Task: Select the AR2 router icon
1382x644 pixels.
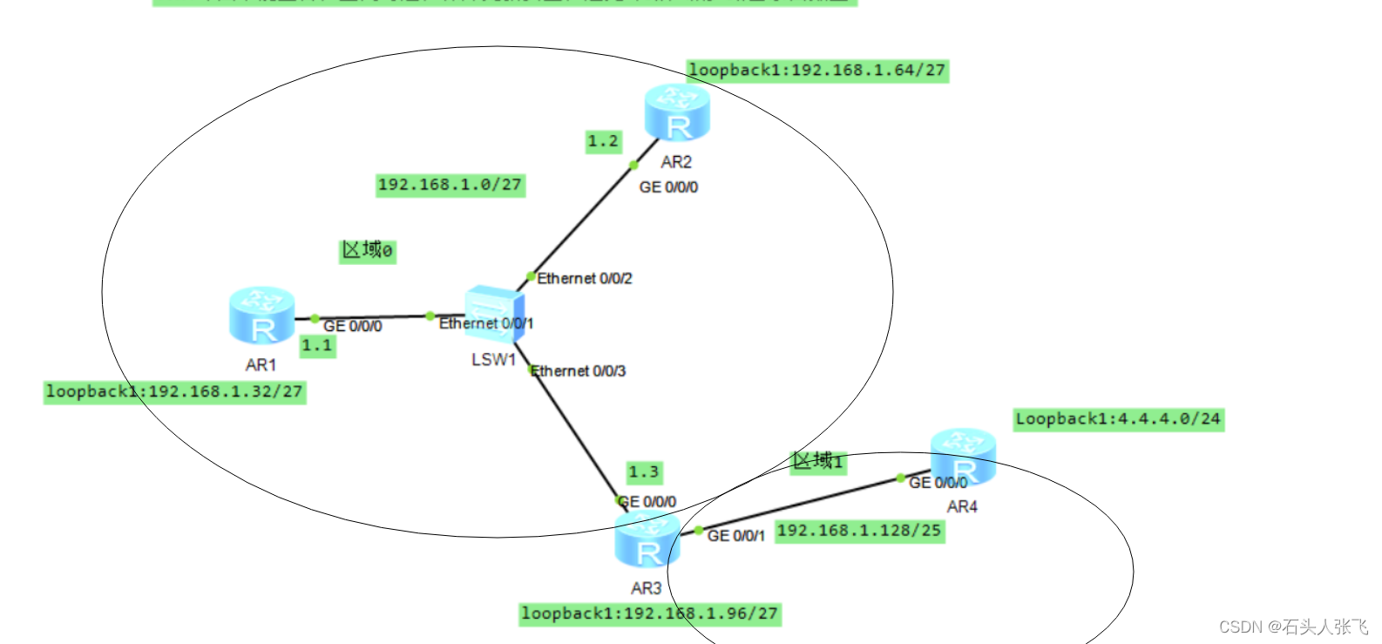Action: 677,113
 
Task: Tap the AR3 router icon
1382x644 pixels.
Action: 647,540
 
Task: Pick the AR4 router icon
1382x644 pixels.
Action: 963,456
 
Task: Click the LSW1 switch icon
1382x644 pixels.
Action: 493,313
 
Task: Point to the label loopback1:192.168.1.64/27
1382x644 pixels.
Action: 816,71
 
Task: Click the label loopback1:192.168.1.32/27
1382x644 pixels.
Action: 174,392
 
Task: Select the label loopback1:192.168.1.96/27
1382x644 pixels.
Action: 649,613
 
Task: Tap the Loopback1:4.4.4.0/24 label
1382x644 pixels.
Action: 1118,419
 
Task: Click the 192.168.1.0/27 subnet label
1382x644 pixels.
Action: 450,185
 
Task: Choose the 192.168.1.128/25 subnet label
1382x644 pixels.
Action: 859,531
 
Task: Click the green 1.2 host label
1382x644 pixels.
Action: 603,141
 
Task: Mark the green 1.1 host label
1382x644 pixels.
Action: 317,346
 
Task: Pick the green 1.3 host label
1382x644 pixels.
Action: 644,472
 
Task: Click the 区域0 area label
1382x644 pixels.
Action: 367,251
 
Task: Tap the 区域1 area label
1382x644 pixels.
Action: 817,461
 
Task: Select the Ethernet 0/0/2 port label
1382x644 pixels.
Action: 584,279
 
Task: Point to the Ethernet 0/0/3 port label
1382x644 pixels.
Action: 578,371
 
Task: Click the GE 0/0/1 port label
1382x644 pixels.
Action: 735,536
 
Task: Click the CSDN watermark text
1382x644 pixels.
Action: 1293,627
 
